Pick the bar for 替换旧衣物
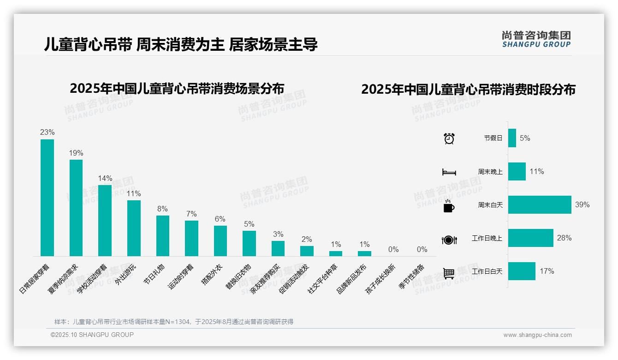click(x=249, y=243)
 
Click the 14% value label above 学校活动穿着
click(x=105, y=179)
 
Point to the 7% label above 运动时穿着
click(x=191, y=214)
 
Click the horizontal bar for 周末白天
click(x=540, y=205)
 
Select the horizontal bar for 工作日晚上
click(x=530, y=238)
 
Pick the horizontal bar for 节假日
click(x=512, y=138)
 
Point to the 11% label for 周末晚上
click(x=536, y=172)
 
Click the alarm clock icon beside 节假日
click(x=449, y=138)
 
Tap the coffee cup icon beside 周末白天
click(x=449, y=206)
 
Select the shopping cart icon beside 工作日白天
click(x=449, y=273)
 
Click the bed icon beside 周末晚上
click(x=449, y=172)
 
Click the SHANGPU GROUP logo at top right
click(x=536, y=39)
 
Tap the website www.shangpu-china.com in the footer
click(x=537, y=335)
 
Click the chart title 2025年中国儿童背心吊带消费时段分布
click(x=468, y=90)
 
